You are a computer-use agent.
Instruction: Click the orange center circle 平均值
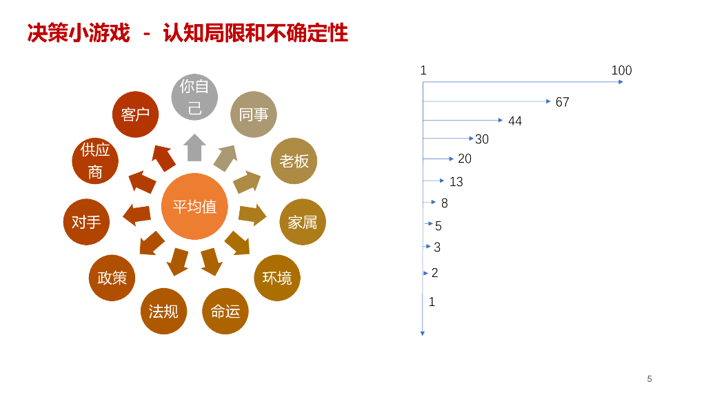(x=194, y=206)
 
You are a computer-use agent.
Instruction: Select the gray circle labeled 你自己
(x=194, y=97)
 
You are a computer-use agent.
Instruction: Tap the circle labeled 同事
(x=253, y=114)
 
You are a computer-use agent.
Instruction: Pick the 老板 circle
(x=294, y=161)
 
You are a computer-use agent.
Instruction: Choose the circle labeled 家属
(x=303, y=222)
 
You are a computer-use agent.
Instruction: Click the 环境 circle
(x=277, y=278)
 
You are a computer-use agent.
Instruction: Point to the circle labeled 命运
(x=225, y=312)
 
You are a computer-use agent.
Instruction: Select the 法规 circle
(x=163, y=312)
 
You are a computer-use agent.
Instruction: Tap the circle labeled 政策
(x=112, y=278)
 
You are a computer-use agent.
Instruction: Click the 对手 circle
(x=86, y=222)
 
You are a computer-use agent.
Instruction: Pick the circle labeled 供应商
(x=95, y=161)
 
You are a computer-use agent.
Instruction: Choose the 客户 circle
(x=135, y=114)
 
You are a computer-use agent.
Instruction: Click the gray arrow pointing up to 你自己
(x=194, y=147)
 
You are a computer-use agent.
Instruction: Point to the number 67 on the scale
(x=563, y=102)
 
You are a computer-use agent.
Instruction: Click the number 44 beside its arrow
(x=515, y=121)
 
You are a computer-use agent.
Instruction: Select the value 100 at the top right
(x=621, y=70)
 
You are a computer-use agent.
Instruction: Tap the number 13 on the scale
(x=456, y=182)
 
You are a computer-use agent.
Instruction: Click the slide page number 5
(x=649, y=378)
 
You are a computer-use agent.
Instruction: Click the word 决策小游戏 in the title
(x=79, y=33)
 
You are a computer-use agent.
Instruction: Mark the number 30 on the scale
(x=482, y=139)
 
